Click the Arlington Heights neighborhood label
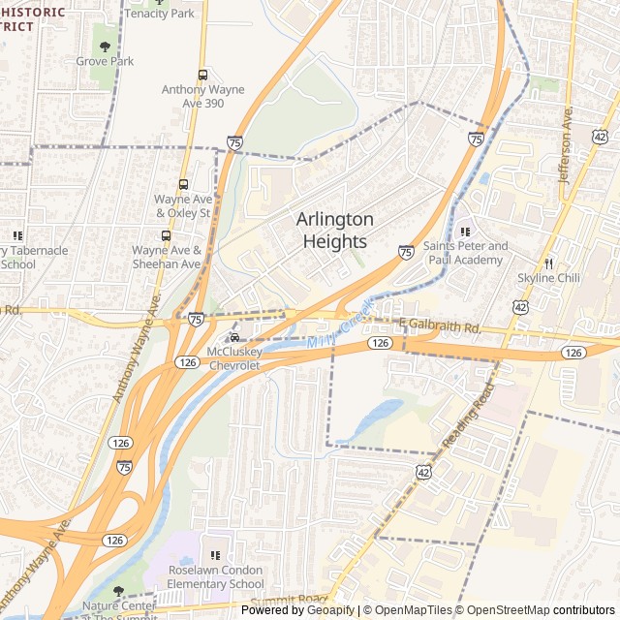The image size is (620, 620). coord(334,231)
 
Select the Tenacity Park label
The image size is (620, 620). coord(159,13)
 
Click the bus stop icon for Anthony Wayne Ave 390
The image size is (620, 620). coord(202,75)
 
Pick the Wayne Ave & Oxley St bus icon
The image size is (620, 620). coord(183,184)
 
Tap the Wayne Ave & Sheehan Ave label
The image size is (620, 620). coord(167,257)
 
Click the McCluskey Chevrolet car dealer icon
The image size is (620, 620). coord(233,337)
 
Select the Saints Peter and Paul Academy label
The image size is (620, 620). coord(465,253)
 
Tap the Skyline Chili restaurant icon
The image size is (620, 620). coord(548,263)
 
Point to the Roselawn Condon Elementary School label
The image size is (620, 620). coord(215,577)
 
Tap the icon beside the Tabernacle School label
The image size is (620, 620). coord(16,234)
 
